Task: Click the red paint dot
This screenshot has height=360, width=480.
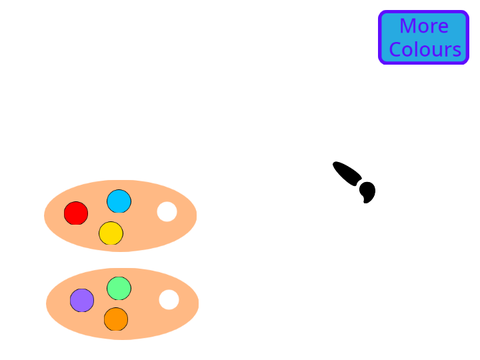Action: pyautogui.click(x=76, y=213)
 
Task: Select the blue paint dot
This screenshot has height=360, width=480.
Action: pyautogui.click(x=119, y=201)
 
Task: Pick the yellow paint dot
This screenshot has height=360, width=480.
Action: pyautogui.click(x=111, y=233)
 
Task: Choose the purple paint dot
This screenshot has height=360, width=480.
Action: pyautogui.click(x=82, y=300)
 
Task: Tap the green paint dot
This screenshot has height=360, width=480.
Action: pyautogui.click(x=119, y=288)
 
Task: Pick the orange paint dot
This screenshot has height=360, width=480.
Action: pyautogui.click(x=116, y=319)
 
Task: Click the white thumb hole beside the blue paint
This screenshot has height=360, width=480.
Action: pyautogui.click(x=167, y=212)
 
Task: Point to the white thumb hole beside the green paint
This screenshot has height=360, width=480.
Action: pyautogui.click(x=169, y=300)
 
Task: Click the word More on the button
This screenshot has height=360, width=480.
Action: pyautogui.click(x=424, y=26)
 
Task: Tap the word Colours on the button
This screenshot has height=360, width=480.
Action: pyautogui.click(x=425, y=49)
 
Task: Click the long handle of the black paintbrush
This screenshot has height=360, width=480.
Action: pyautogui.click(x=347, y=173)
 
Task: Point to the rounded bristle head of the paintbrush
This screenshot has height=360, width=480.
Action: pyautogui.click(x=367, y=192)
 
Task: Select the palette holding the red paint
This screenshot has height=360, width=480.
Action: pyautogui.click(x=120, y=216)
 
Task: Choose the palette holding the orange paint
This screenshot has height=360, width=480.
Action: pyautogui.click(x=122, y=304)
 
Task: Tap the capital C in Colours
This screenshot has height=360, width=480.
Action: pyautogui.click(x=395, y=49)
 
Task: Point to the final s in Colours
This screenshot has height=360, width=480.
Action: pyautogui.click(x=457, y=52)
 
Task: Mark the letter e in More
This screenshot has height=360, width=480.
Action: pyautogui.click(x=443, y=28)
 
